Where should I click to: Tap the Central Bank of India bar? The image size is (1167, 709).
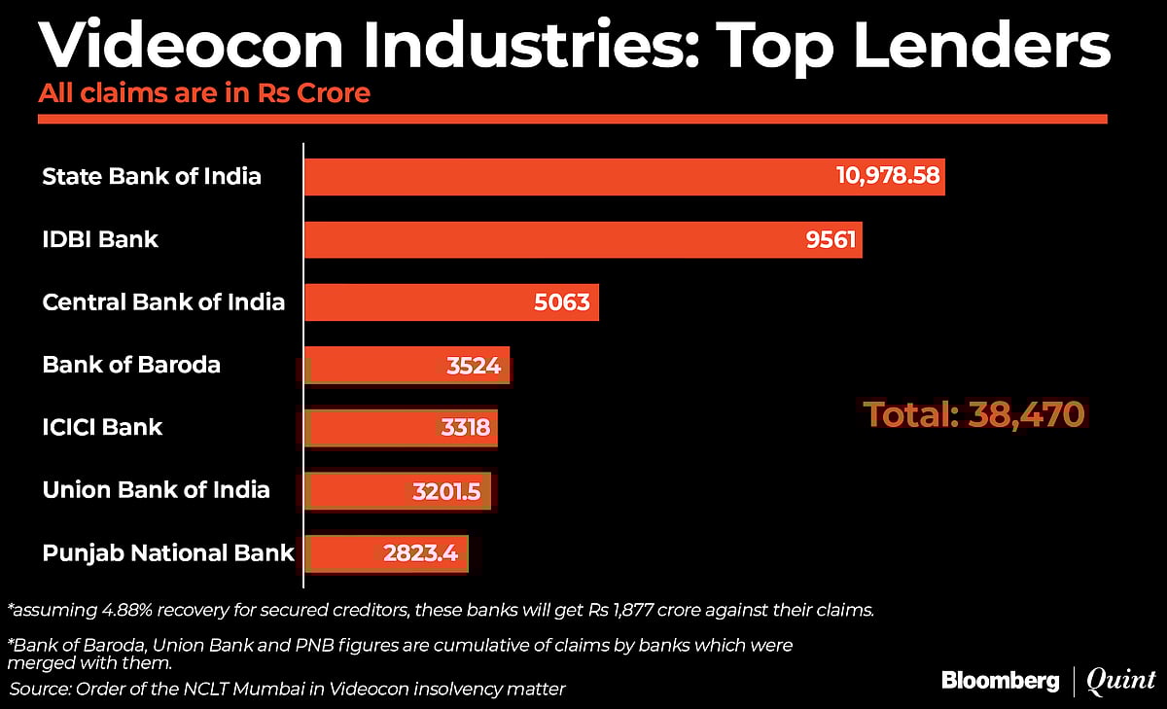408,301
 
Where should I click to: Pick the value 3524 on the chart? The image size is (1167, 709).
474,366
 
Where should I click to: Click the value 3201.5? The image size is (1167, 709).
445,491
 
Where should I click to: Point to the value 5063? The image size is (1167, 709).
561,301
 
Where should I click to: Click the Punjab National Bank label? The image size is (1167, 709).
168,553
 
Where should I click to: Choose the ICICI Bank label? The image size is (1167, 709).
102,427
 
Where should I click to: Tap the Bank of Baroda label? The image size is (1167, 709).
131,365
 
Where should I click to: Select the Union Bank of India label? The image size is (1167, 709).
156,489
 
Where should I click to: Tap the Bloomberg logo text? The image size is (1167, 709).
1000,680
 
